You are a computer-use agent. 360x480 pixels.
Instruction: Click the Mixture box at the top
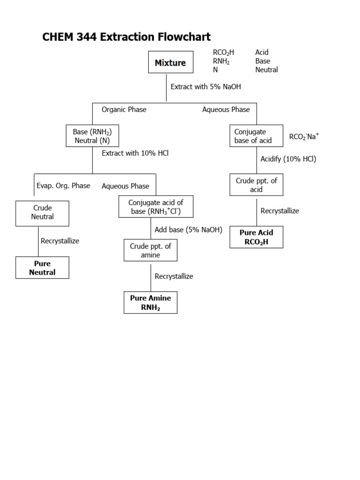(x=170, y=62)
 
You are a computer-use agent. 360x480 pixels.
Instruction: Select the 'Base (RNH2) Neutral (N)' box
(x=92, y=136)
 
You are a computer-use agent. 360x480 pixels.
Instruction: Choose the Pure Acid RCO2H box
(x=256, y=237)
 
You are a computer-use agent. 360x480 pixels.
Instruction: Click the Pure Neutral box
(x=42, y=268)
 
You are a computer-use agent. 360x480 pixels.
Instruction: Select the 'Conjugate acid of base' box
(x=156, y=207)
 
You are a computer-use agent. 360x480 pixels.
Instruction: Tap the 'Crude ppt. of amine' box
(x=150, y=250)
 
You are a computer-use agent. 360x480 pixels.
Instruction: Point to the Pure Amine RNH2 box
(x=150, y=303)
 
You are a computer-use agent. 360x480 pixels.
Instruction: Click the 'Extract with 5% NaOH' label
(x=206, y=87)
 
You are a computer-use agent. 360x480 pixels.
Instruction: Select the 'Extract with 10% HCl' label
(x=135, y=153)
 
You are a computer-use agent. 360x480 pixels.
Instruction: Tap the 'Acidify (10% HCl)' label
(x=288, y=159)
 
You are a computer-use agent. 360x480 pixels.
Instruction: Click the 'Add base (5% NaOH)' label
(x=188, y=230)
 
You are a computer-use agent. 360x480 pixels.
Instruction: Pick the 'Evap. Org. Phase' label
(x=63, y=186)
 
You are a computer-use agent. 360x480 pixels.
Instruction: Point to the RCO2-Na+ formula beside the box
(x=304, y=136)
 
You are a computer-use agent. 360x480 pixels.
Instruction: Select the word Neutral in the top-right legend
(x=266, y=70)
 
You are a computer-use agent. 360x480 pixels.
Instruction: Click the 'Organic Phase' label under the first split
(x=124, y=110)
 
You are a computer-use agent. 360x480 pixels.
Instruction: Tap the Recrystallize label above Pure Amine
(x=174, y=276)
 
